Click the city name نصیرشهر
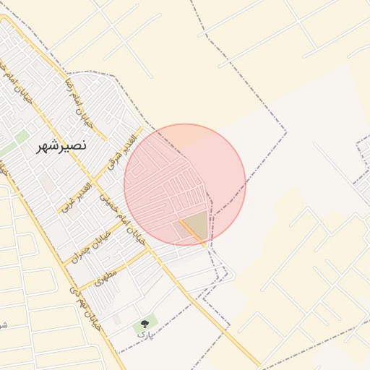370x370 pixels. click(63, 145)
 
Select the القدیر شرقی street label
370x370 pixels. click(121, 151)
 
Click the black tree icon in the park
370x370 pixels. click(145, 324)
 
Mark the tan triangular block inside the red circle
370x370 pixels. click(194, 225)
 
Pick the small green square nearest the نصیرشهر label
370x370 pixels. click(22, 136)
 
